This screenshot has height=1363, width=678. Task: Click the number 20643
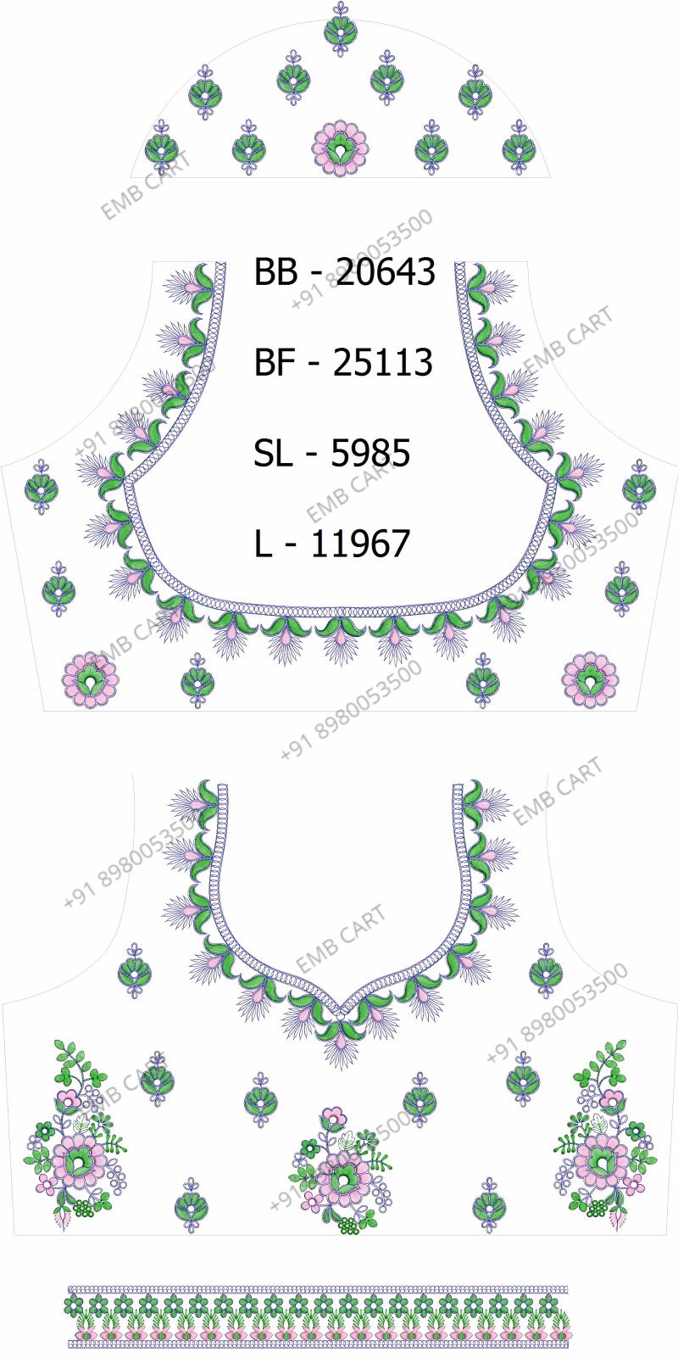point(386,271)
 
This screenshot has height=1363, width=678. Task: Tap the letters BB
point(276,271)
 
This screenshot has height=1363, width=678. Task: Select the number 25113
point(383,362)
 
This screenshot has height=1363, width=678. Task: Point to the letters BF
point(275,362)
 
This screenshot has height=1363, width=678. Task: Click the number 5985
point(370,453)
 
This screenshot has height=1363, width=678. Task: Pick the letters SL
point(273,453)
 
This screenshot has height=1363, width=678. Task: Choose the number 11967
point(360,544)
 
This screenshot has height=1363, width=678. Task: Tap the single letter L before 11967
point(263,544)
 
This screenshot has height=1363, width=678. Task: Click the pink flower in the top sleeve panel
point(341,147)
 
